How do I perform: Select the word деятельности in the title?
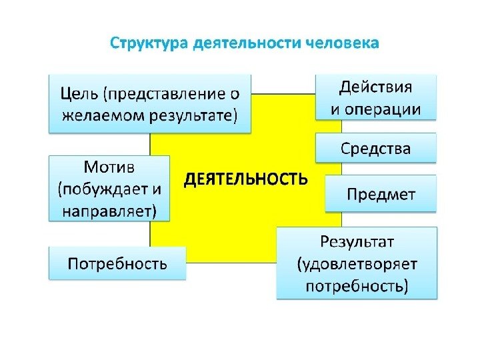coord(247,44)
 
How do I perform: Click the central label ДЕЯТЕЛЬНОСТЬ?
coord(245,179)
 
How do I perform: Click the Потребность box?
coord(117,263)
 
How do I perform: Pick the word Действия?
coord(376,87)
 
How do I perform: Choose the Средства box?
coord(376,148)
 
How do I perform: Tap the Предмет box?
coord(380,194)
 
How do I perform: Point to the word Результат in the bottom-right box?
coord(359,240)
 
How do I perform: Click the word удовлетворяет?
coord(357,263)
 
